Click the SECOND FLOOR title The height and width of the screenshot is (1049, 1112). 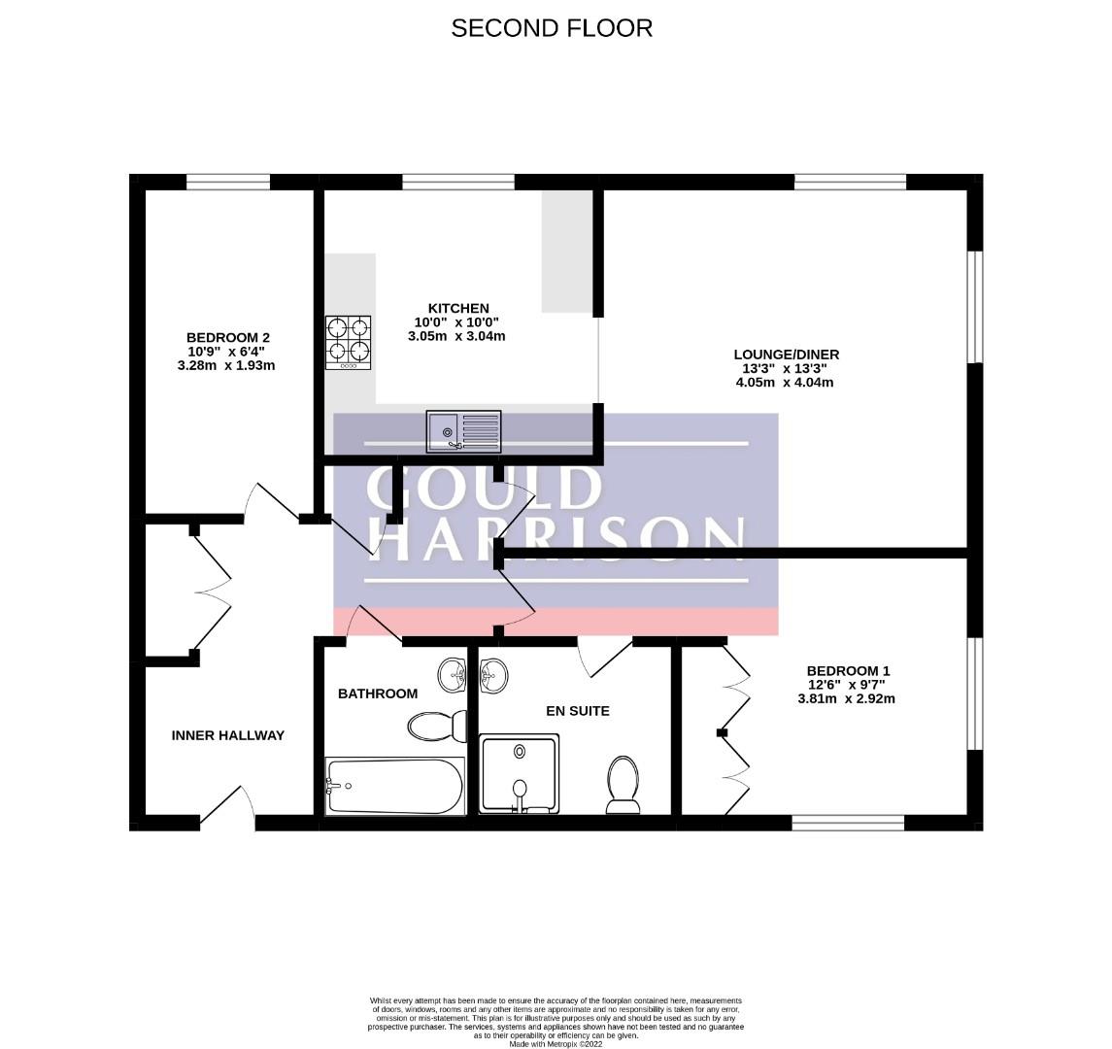[552, 27]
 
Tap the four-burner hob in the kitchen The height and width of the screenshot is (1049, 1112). [349, 343]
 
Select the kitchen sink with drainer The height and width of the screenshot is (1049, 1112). [464, 431]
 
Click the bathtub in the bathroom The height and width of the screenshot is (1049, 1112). [395, 786]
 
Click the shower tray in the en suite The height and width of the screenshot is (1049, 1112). [520, 774]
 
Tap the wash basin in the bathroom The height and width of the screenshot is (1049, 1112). [453, 674]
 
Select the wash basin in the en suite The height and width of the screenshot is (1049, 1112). [494, 675]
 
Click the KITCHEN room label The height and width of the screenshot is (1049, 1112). [458, 308]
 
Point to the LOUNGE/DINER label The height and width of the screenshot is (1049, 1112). [786, 354]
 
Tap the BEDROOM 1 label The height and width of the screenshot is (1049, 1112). [848, 670]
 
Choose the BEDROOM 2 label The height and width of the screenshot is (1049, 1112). [227, 338]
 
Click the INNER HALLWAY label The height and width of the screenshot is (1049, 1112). [227, 735]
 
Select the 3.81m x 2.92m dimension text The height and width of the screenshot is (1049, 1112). [846, 698]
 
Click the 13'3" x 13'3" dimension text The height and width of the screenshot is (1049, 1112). [785, 368]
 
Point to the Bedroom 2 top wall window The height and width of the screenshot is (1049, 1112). [228, 182]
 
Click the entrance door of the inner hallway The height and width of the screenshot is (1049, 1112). [228, 808]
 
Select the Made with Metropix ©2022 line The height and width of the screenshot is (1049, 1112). [556, 1044]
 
